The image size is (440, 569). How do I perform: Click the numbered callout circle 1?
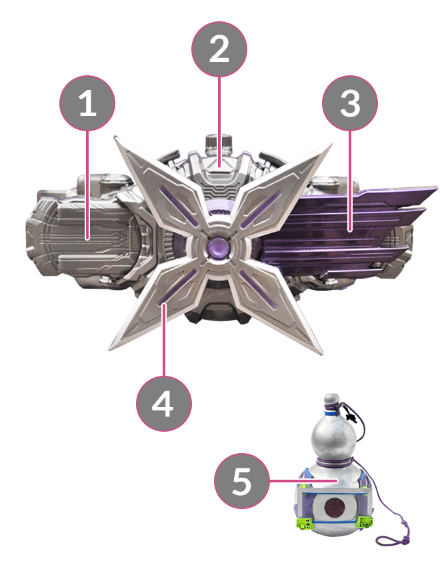pos(87,103)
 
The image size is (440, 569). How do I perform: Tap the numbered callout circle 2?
pos(219,49)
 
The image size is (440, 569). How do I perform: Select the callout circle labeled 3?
pos(350,103)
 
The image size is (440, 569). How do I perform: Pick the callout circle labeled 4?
pos(164,404)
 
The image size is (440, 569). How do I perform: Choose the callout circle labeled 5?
pos(242,481)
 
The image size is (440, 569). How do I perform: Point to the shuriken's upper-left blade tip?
pos(115,137)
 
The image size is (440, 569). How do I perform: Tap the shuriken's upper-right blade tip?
pos(331,144)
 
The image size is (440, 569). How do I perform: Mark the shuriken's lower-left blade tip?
pos(109,350)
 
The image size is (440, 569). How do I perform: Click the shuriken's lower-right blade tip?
pos(321,354)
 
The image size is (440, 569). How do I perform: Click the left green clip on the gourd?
pos(304,522)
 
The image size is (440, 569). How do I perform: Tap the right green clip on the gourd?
pos(365,522)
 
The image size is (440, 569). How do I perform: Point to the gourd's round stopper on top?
pos(331,400)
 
